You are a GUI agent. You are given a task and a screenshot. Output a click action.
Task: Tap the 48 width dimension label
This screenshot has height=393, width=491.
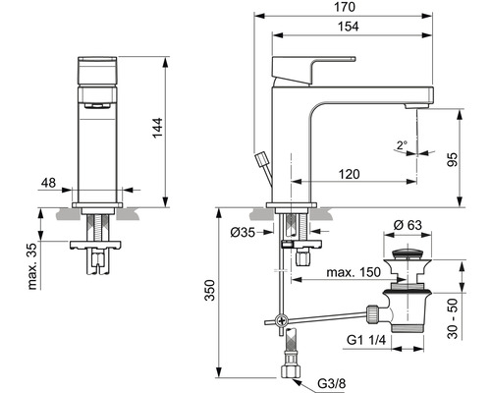click(x=49, y=184)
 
